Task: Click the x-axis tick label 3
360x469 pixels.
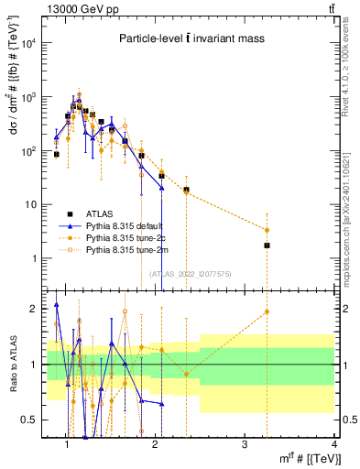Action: pyautogui.click(x=244, y=447)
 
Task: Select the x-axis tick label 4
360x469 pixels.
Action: pyautogui.click(x=333, y=447)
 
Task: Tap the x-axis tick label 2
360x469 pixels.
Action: pyautogui.click(x=155, y=447)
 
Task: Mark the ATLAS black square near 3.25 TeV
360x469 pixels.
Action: pyautogui.click(x=267, y=245)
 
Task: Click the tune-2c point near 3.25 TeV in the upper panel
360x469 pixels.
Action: pyautogui.click(x=267, y=230)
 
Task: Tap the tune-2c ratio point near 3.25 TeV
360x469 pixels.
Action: pyautogui.click(x=267, y=311)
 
